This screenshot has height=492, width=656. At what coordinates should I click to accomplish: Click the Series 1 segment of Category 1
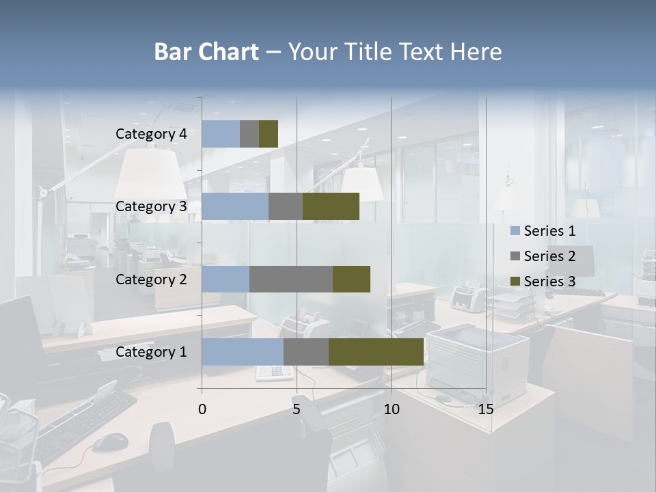pos(243,352)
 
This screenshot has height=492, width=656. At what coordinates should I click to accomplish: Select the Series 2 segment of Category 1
pos(306,352)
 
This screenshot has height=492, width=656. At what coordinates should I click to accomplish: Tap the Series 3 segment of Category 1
pos(376,352)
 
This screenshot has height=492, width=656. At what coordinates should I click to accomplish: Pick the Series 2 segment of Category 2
pos(291,279)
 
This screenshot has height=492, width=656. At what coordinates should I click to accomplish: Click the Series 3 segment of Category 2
pos(351,279)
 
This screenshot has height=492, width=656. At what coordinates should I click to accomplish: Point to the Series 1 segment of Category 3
pos(235,206)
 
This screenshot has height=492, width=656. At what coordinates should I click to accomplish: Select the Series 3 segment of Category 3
pos(331,206)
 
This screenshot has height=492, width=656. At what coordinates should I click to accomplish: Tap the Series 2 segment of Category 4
pos(249,134)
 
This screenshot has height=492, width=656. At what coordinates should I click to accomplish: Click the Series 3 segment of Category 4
pos(269,134)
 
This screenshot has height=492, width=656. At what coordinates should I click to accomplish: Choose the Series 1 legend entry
pos(543,231)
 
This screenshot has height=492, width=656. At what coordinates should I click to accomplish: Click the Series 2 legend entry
pos(543,256)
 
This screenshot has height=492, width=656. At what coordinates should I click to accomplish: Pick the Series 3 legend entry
pos(543,282)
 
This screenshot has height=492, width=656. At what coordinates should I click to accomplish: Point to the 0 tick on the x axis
pos(202,409)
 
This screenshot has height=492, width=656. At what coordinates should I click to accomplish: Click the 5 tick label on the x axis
pos(297,409)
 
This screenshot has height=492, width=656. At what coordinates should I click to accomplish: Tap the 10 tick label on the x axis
pos(391,409)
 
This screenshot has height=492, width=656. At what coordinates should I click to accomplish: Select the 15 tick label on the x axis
pos(486,409)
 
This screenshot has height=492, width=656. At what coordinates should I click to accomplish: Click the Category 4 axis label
pos(151,134)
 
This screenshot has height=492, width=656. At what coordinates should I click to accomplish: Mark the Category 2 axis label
pos(151,279)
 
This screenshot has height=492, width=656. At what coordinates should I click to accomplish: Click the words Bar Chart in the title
pos(206,52)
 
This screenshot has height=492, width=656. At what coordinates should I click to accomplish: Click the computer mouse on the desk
pos(110,442)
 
